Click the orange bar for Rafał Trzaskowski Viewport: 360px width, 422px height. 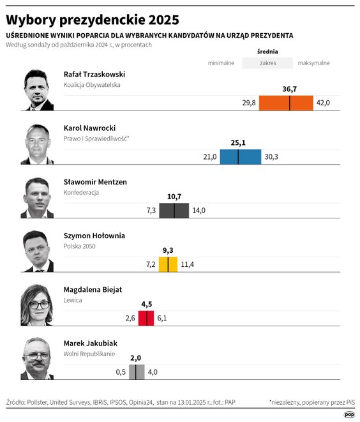[x=286, y=103]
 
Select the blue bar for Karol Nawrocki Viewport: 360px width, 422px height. [x=241, y=157]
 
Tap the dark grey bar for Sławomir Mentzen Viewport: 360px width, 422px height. [x=174, y=211]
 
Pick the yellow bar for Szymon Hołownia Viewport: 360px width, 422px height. [x=168, y=264]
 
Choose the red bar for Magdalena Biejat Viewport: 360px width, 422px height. [x=146, y=318]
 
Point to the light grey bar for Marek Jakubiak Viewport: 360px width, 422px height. [x=137, y=372]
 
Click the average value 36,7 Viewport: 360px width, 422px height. [x=290, y=89]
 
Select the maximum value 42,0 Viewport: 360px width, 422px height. [x=323, y=103]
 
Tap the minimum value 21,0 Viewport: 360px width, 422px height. [x=210, y=157]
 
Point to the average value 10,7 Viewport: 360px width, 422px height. [x=174, y=197]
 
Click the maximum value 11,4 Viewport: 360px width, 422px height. [x=188, y=264]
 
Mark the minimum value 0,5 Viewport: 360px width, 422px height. [x=121, y=372]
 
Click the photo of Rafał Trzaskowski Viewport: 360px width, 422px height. [x=38, y=90]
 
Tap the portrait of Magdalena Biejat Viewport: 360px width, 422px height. [x=38, y=305]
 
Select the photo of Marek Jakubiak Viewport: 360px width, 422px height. [x=38, y=358]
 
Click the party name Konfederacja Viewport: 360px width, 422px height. [x=81, y=192]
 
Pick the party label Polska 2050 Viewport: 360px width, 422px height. [x=80, y=246]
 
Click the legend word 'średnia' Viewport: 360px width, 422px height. [x=267, y=52]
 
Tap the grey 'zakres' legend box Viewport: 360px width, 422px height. [x=267, y=63]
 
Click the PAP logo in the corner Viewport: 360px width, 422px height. [x=349, y=414]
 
